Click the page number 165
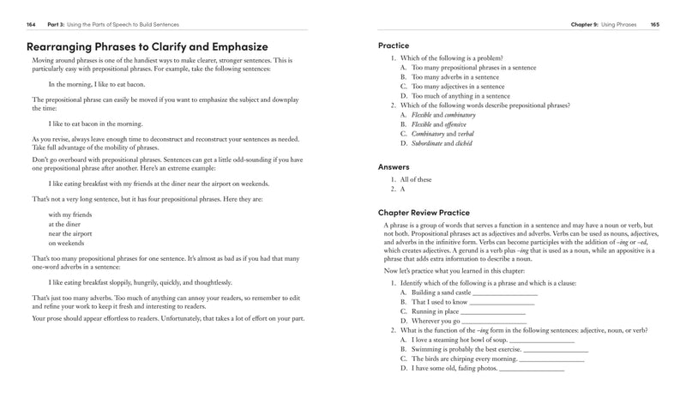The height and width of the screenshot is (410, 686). [654, 26]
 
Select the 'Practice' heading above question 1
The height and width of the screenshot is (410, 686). [394, 45]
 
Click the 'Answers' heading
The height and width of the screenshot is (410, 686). [394, 167]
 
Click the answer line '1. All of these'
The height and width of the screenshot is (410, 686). [417, 180]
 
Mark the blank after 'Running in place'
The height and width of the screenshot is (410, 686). [496, 311]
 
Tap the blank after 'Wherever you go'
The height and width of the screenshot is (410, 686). [496, 321]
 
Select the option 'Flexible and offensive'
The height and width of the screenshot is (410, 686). [445, 124]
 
